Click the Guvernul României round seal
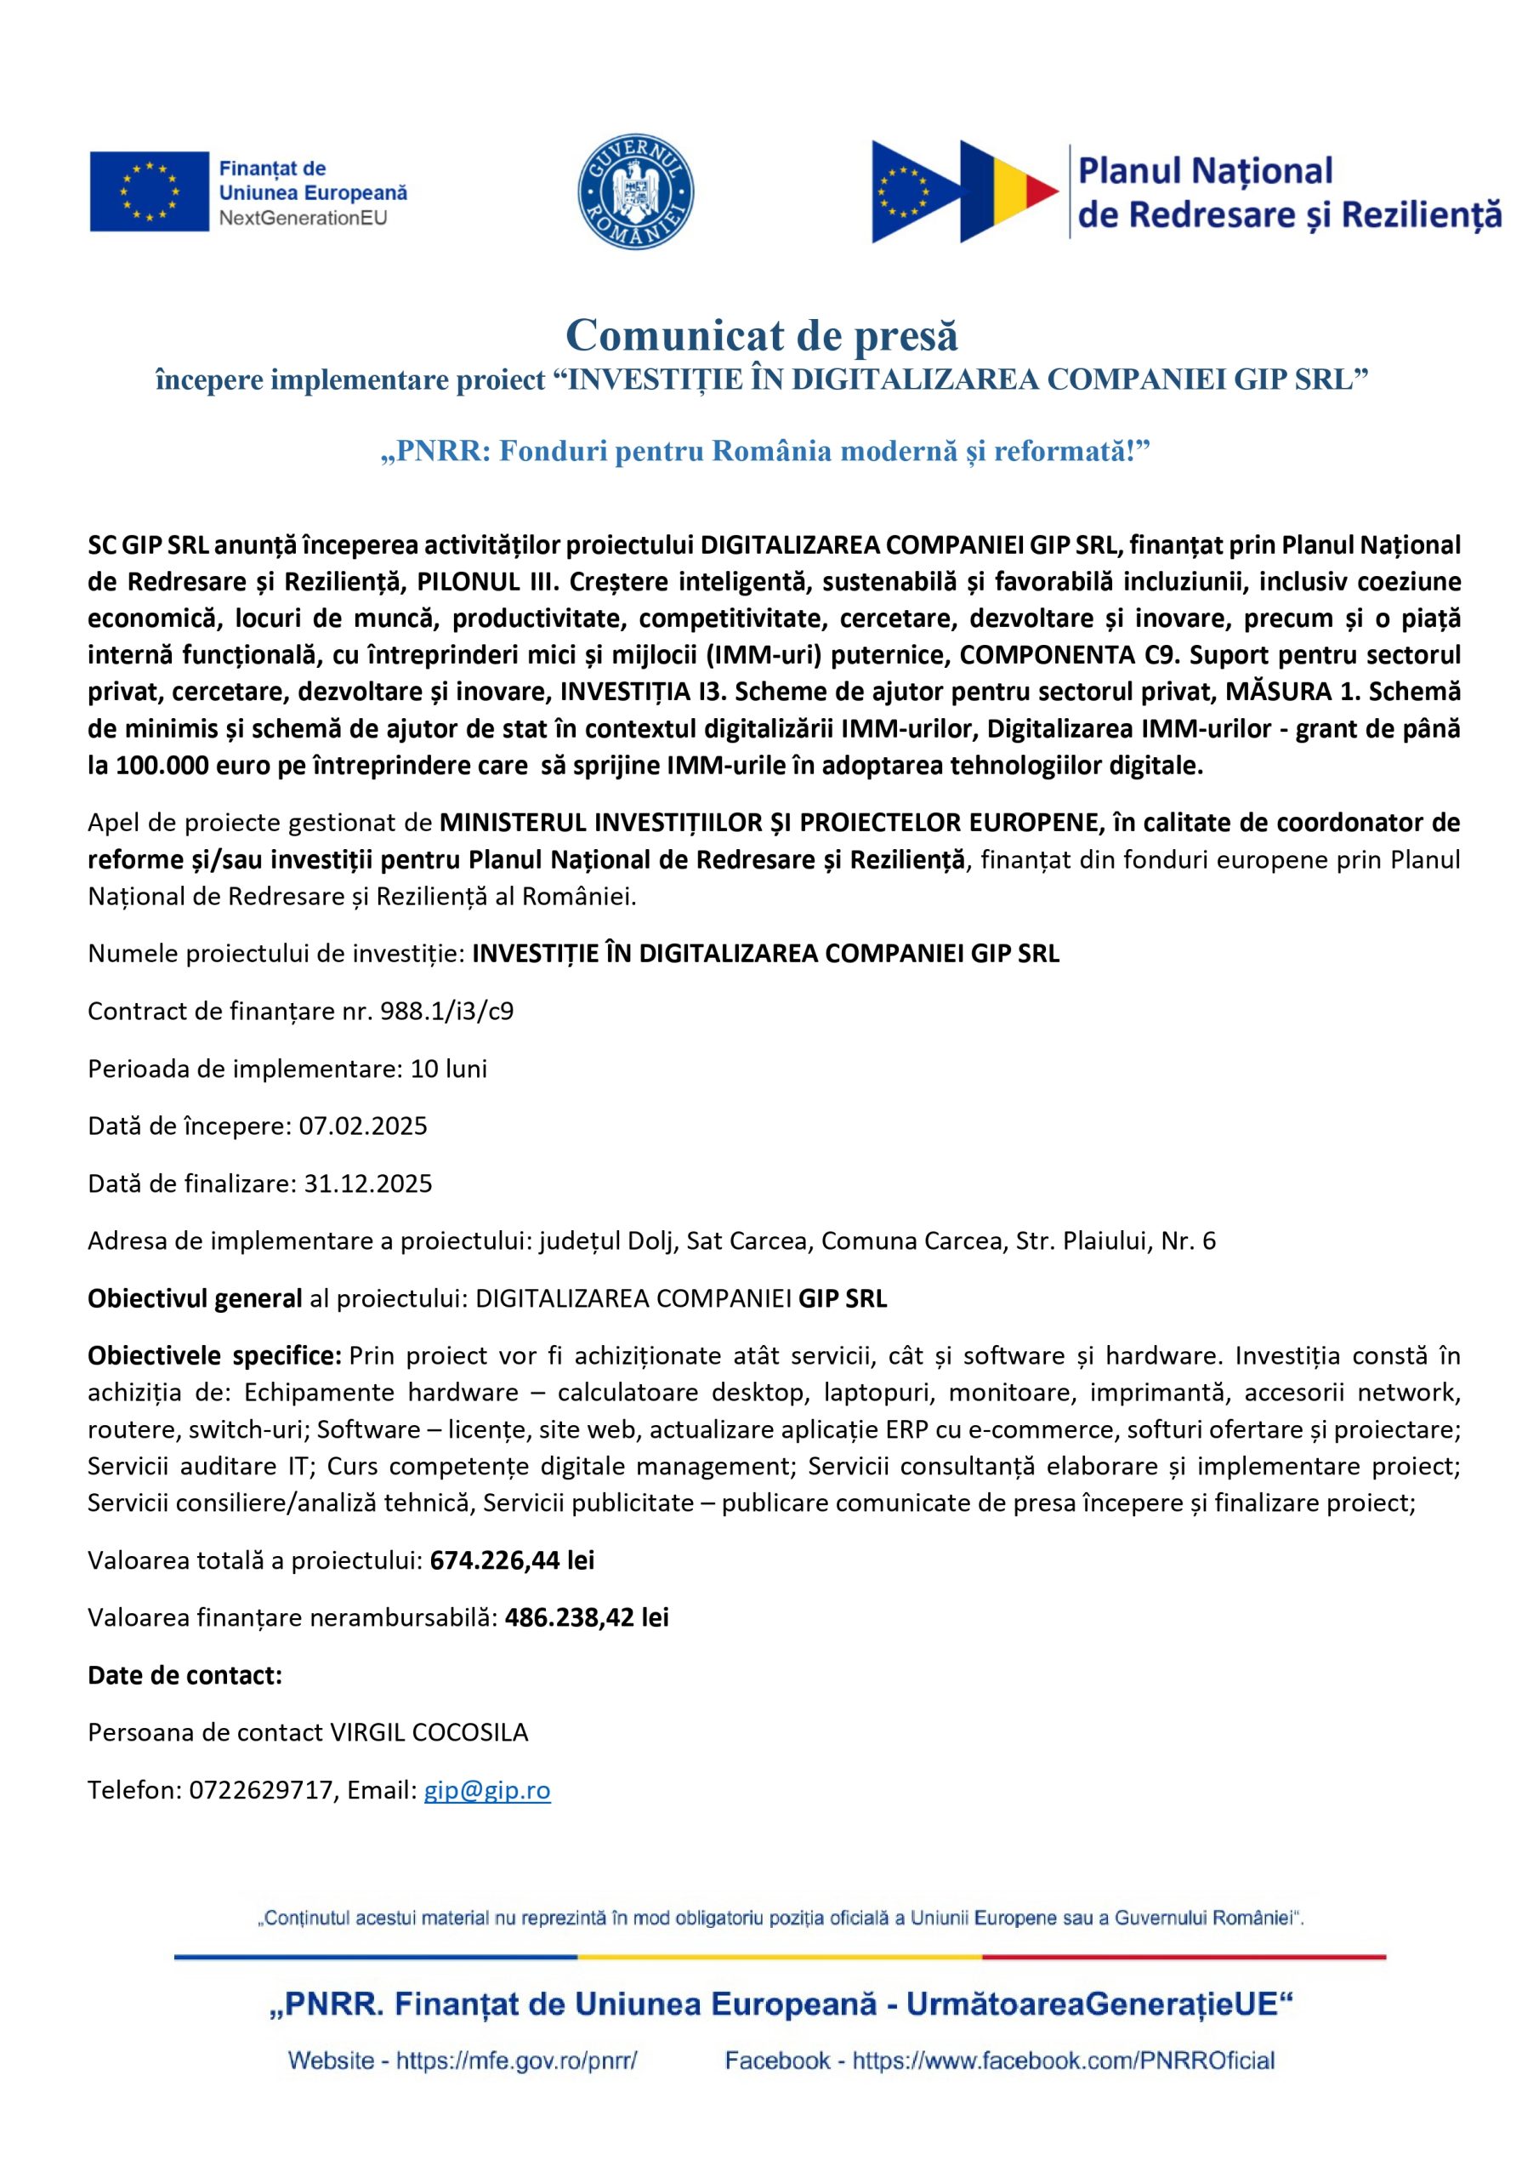[x=635, y=191]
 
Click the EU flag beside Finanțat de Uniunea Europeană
[x=149, y=191]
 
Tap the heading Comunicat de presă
[x=762, y=336]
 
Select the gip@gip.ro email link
[x=486, y=1790]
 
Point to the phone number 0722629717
[x=262, y=1790]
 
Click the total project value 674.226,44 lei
[x=511, y=1559]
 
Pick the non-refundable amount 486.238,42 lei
[x=586, y=1617]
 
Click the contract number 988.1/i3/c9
[x=446, y=1010]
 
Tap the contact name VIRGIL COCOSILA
[x=429, y=1732]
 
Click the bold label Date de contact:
[x=185, y=1675]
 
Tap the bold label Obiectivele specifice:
[x=214, y=1355]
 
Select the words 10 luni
[x=448, y=1068]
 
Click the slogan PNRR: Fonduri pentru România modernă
[x=764, y=451]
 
